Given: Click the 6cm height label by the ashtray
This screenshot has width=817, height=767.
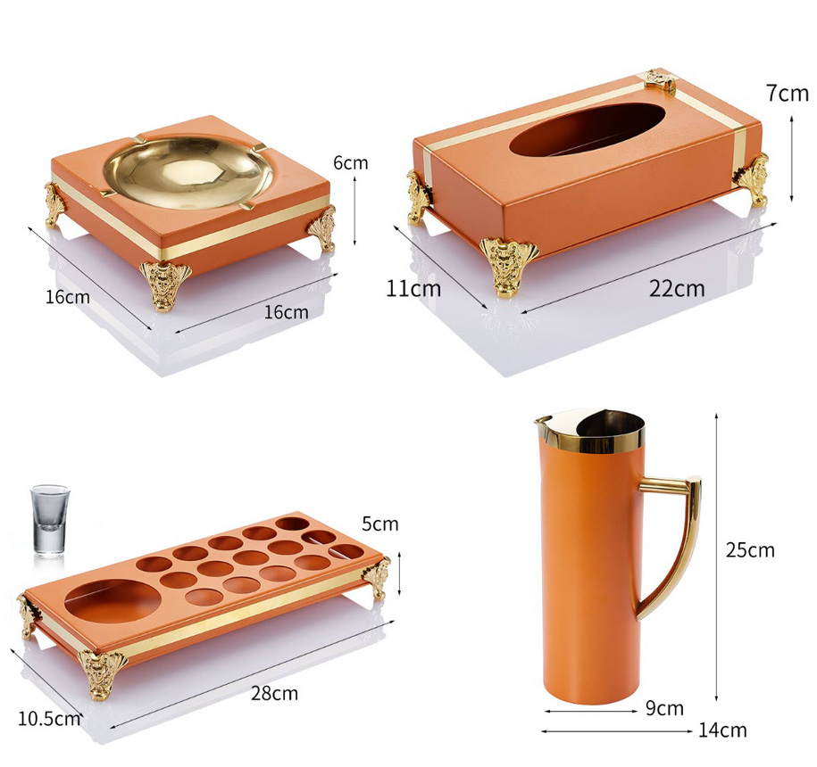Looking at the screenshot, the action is tap(351, 163).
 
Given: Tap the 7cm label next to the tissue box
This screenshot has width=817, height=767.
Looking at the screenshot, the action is tap(788, 94).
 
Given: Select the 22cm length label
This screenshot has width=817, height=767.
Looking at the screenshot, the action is tap(676, 288).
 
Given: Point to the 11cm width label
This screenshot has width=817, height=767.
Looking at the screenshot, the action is tap(413, 288).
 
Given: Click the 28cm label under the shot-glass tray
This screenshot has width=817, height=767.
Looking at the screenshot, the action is tap(275, 694).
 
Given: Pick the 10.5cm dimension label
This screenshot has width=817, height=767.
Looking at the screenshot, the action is tap(49, 719).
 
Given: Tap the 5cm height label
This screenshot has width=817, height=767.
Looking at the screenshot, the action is tap(379, 524).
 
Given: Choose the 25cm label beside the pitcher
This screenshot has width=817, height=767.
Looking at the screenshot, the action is tap(750, 550).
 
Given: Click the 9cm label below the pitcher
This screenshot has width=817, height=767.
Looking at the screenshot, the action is tap(664, 708).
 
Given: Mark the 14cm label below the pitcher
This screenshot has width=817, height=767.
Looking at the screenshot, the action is tap(722, 730).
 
